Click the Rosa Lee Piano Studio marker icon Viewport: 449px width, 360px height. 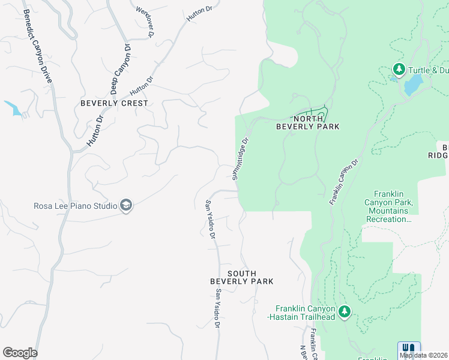(126, 206)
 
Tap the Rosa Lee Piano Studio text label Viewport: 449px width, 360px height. (76, 206)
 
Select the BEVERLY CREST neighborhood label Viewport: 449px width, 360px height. (114, 103)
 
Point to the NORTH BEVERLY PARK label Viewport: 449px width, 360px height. (308, 122)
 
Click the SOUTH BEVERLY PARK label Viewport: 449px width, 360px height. (242, 277)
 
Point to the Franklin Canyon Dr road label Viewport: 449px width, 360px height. (343, 182)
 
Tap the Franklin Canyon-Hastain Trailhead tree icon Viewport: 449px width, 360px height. (344, 311)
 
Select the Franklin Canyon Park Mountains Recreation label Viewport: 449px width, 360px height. (388, 206)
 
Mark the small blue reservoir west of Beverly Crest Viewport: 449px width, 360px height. (13, 108)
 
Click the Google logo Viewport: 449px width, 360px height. (20, 353)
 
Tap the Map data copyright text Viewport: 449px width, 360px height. (424, 355)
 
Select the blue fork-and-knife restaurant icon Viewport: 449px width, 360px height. (409, 349)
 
